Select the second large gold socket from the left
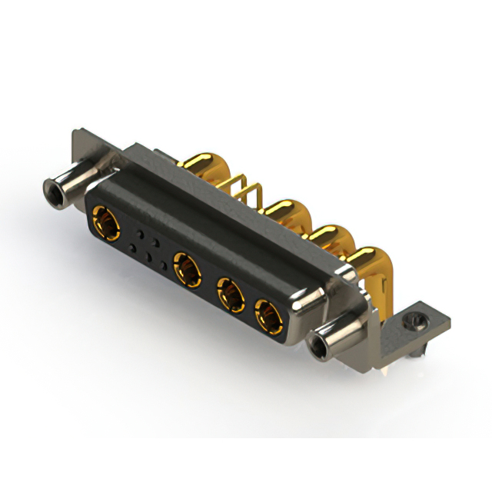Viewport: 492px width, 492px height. (x=187, y=269)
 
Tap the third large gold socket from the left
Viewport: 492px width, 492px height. (x=230, y=294)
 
